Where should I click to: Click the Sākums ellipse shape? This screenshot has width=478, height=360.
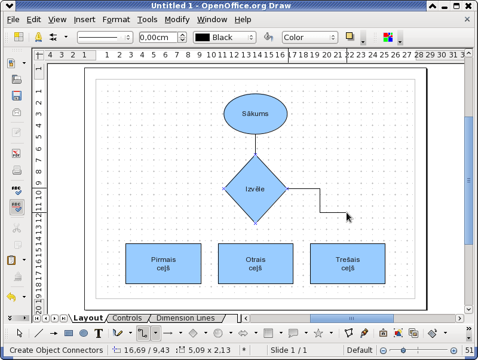(256, 114)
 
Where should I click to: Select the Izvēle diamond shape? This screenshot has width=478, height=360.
(256, 189)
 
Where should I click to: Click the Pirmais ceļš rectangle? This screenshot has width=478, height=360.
(163, 264)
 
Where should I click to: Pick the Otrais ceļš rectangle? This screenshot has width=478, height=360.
(256, 264)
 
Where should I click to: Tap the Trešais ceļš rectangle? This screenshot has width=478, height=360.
(348, 264)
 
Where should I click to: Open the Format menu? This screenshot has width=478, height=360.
(116, 20)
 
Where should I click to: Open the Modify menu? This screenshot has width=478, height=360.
(177, 20)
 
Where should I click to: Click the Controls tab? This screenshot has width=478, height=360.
(127, 318)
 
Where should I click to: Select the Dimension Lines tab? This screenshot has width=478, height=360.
(186, 318)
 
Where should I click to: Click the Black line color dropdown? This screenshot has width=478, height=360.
(225, 37)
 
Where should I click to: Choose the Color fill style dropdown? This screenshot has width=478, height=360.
(310, 37)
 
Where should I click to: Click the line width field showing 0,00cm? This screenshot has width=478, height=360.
(158, 37)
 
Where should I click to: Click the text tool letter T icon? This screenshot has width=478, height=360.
(99, 333)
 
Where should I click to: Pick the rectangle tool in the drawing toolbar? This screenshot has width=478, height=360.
(69, 333)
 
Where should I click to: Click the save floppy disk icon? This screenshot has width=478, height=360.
(17, 96)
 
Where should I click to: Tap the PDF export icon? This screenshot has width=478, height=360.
(17, 153)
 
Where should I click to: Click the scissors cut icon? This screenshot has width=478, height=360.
(17, 228)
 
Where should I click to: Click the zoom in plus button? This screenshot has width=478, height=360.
(454, 350)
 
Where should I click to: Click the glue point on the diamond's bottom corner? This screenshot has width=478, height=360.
(256, 223)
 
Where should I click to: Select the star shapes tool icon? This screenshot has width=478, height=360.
(318, 333)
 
